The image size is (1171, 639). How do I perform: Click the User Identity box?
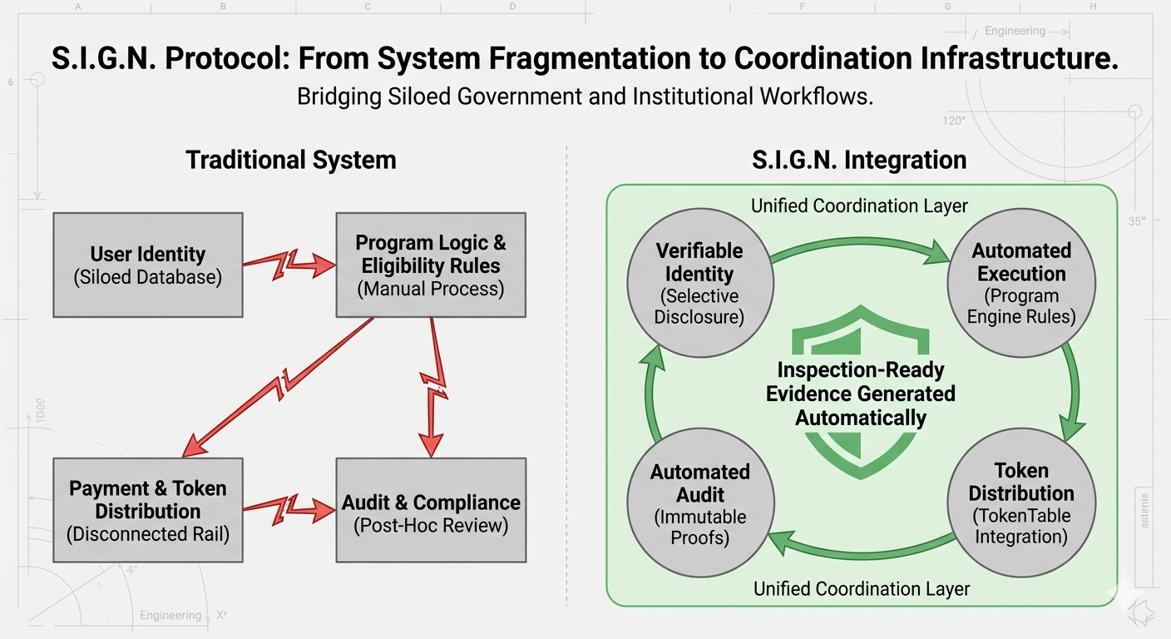pyautogui.click(x=148, y=265)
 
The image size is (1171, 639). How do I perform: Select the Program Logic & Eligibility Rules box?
pyautogui.click(x=430, y=265)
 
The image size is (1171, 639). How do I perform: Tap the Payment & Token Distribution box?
pyautogui.click(x=148, y=510)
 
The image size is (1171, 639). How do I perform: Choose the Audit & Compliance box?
pyautogui.click(x=430, y=510)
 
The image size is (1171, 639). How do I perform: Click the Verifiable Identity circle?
pyautogui.click(x=699, y=284)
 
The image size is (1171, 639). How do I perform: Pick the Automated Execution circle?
pyautogui.click(x=1020, y=284)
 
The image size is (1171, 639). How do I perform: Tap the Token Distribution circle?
pyautogui.click(x=1020, y=504)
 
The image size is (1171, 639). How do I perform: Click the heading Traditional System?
pyautogui.click(x=290, y=160)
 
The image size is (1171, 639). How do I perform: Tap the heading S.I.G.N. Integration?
pyautogui.click(x=860, y=160)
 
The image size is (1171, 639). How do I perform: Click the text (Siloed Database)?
pyautogui.click(x=148, y=277)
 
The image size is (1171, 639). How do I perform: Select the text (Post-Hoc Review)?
pyautogui.click(x=430, y=525)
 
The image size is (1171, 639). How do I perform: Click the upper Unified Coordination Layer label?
pyautogui.click(x=859, y=206)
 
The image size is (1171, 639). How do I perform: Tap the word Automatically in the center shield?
pyautogui.click(x=861, y=418)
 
